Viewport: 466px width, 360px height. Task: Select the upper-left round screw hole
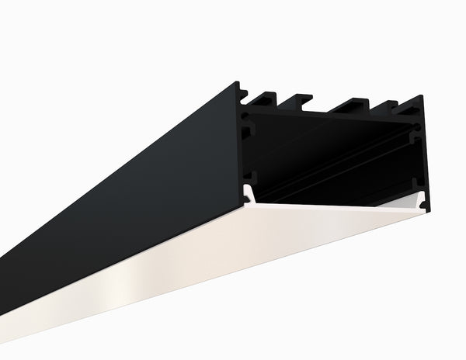coord(248,118)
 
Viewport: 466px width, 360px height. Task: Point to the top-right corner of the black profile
coord(422,99)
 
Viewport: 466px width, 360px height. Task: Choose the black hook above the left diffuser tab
coord(248,178)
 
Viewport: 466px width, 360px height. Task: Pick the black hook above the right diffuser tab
coord(420,186)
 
